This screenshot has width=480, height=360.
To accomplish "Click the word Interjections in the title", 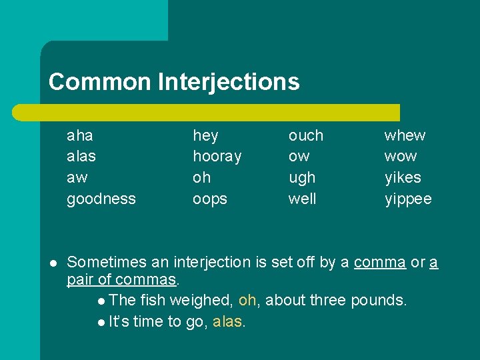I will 229,82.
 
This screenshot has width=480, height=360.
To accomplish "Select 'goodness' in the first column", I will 101,199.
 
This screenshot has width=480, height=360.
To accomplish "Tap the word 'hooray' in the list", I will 217,157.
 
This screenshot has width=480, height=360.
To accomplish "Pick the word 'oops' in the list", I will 210,199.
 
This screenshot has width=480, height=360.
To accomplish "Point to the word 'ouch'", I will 305,135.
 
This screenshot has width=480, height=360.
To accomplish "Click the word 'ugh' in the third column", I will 301,178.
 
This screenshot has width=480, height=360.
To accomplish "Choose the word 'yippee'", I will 408,199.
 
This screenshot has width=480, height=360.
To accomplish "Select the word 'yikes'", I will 403,178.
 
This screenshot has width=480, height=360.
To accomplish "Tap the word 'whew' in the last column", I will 405,135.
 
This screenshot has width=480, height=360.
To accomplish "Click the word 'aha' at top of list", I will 80,135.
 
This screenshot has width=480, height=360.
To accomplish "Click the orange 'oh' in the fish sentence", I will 247,301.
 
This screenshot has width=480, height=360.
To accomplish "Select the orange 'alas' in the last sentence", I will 229,322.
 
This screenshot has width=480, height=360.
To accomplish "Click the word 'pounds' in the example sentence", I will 380,301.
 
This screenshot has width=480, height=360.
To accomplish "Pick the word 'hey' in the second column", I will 205,135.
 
